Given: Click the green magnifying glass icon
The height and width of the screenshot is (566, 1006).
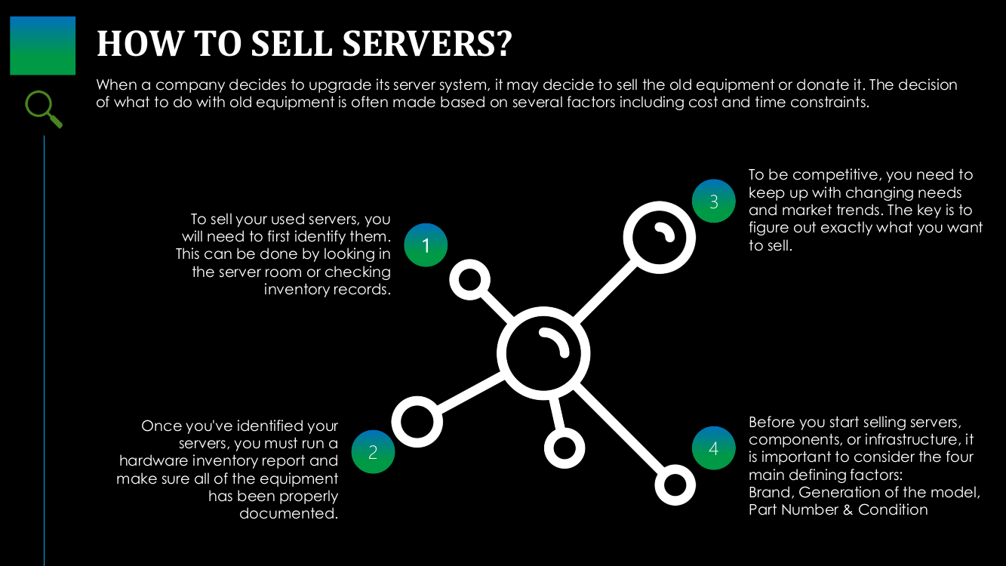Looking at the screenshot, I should [x=43, y=109].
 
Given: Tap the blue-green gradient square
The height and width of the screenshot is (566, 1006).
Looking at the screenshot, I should [x=42, y=45].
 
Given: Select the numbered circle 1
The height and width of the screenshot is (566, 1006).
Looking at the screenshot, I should [x=426, y=245].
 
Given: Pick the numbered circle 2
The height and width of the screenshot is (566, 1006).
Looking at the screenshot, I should [x=373, y=452].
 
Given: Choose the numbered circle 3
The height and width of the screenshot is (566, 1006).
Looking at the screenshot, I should [x=713, y=201].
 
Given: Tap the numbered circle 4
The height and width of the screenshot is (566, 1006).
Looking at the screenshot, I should [x=713, y=448].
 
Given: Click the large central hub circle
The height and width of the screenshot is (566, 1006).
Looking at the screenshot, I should [x=543, y=352].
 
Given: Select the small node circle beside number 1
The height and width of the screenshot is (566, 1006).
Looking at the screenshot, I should [x=470, y=280].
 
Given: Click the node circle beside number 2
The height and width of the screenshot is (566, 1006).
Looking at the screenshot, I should [x=417, y=421].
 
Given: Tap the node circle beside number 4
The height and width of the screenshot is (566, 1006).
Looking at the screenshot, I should [x=674, y=484].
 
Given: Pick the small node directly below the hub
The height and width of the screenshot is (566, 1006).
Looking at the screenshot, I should [x=565, y=448].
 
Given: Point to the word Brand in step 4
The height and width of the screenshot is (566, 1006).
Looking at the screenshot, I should [x=770, y=492].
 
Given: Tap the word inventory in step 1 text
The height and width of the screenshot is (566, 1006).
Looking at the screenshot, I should [x=294, y=290].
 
